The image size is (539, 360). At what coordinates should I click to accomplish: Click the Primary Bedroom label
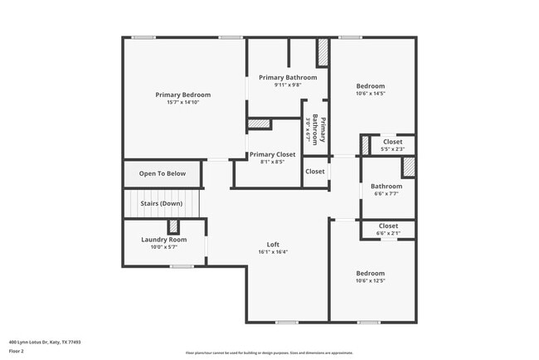tap(183, 95)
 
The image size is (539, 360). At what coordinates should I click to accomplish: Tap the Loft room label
tap(273, 244)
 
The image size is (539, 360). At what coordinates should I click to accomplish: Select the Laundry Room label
tap(163, 240)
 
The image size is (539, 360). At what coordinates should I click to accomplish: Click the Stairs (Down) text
tap(161, 203)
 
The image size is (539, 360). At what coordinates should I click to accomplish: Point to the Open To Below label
tap(162, 173)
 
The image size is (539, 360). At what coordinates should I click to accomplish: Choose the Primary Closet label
tap(273, 154)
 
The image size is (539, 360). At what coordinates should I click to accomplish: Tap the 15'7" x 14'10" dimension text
tap(183, 103)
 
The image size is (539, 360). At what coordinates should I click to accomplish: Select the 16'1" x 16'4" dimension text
tap(273, 252)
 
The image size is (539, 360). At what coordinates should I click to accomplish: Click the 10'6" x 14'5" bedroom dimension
tap(371, 94)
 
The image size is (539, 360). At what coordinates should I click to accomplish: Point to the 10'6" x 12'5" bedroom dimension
tap(371, 281)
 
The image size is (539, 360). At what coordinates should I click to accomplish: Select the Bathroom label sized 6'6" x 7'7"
tap(386, 187)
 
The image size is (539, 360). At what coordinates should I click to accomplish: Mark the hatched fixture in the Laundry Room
tap(173, 227)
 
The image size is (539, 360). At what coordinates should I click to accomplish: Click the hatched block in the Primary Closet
tap(260, 124)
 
